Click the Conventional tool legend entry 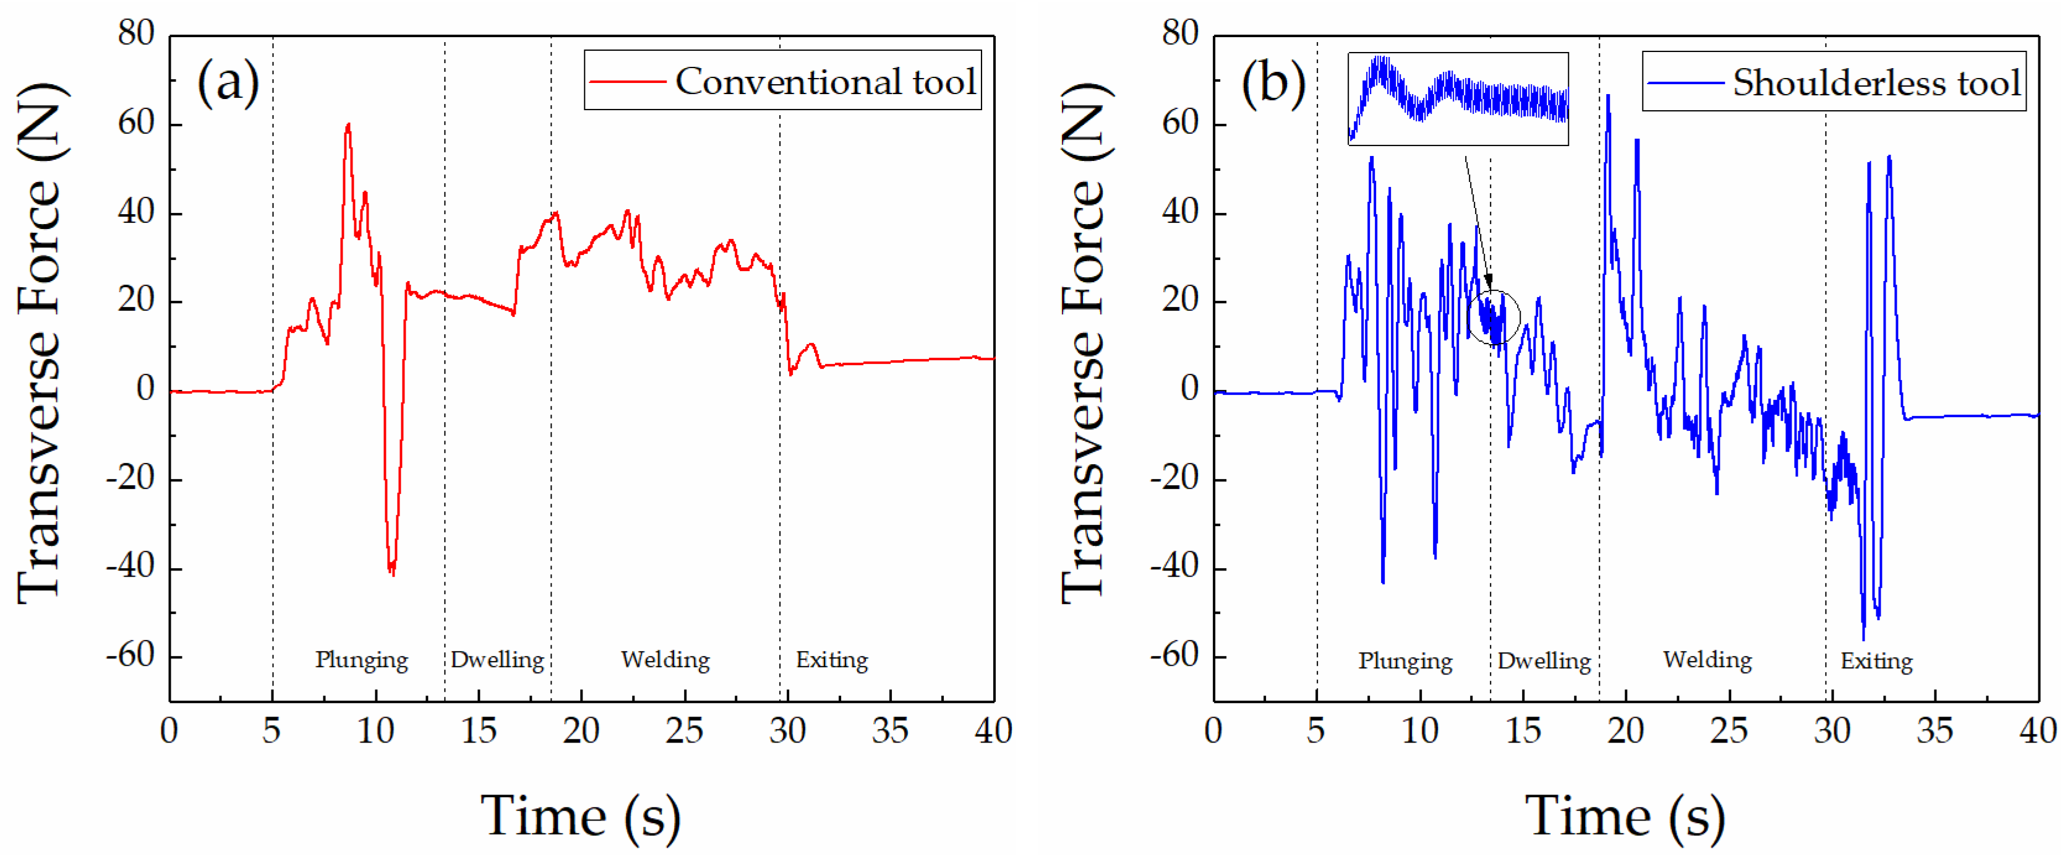point(783,81)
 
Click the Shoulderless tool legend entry point(1834,82)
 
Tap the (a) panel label point(228,82)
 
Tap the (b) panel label point(1273,82)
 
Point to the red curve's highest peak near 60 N point(348,126)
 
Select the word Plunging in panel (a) point(362,659)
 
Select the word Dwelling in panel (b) point(1544,661)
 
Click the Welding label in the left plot point(665,659)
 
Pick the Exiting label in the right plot point(1876,661)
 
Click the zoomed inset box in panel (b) point(1457,98)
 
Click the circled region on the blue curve point(1494,317)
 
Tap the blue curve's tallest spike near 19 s point(1608,97)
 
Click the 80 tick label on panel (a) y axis point(135,33)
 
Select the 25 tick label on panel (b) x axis point(1729,731)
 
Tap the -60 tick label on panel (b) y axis point(1175,656)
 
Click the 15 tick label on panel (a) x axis point(479,731)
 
